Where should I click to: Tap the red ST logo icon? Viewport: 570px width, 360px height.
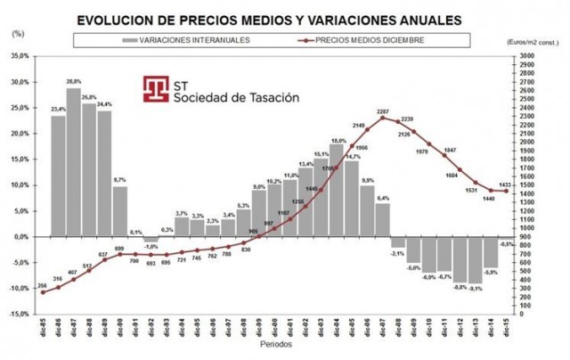[155, 89]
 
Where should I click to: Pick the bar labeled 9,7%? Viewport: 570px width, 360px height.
[119, 211]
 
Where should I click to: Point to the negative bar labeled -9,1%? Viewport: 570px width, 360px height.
[475, 260]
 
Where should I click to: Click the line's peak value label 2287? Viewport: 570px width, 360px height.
[383, 110]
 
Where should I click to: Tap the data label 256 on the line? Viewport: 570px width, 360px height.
[42, 285]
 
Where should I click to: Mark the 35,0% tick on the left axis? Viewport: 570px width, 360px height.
[19, 55]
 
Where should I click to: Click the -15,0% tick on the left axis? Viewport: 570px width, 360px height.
[18, 315]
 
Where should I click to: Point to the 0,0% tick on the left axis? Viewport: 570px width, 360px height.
[20, 237]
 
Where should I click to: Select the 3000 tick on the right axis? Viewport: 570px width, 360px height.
[527, 55]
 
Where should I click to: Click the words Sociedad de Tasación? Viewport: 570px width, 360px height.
[235, 97]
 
